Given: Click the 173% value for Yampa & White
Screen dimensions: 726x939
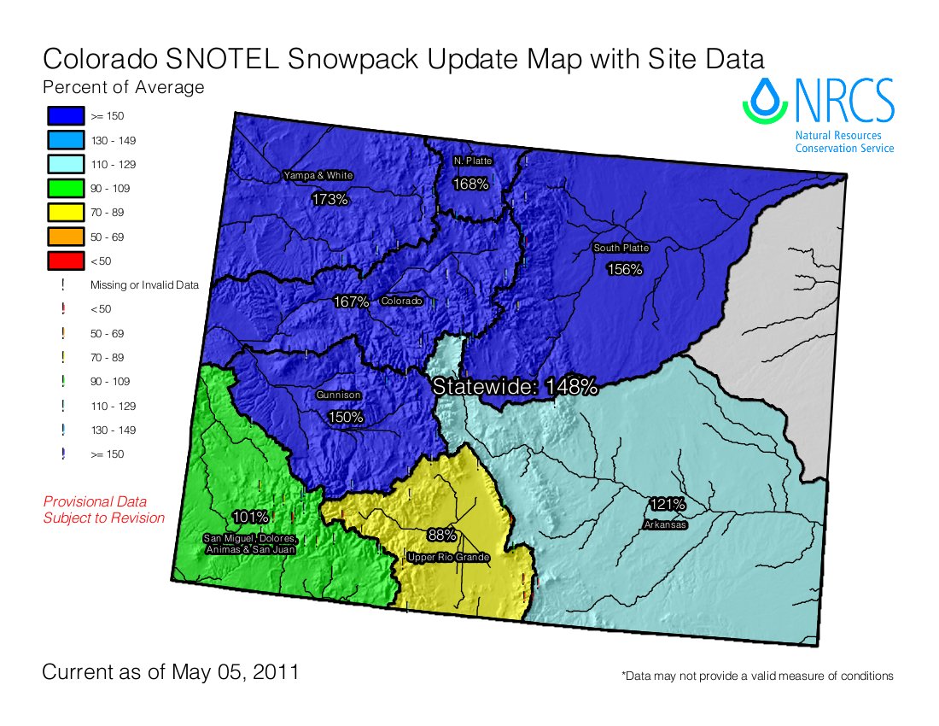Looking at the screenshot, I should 330,199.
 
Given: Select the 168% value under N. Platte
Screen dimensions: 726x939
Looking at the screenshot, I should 470,184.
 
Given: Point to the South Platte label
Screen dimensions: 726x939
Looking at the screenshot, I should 621,248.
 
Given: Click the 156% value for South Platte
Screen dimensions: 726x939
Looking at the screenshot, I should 624,269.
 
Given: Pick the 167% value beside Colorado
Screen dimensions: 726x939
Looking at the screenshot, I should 351,302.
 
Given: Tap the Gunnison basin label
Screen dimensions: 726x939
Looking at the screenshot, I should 338,395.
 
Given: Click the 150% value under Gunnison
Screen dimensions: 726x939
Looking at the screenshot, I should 346,417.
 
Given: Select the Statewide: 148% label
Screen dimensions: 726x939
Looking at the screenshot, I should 515,386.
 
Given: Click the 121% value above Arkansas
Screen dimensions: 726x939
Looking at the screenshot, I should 667,503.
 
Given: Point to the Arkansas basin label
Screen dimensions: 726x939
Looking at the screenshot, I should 666,524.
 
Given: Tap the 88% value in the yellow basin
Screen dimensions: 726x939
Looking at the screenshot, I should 441,536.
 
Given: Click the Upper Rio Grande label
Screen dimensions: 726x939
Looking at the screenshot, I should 448,557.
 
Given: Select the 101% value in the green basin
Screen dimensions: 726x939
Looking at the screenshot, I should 250,517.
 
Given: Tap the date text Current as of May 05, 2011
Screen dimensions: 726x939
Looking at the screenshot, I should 171,671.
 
